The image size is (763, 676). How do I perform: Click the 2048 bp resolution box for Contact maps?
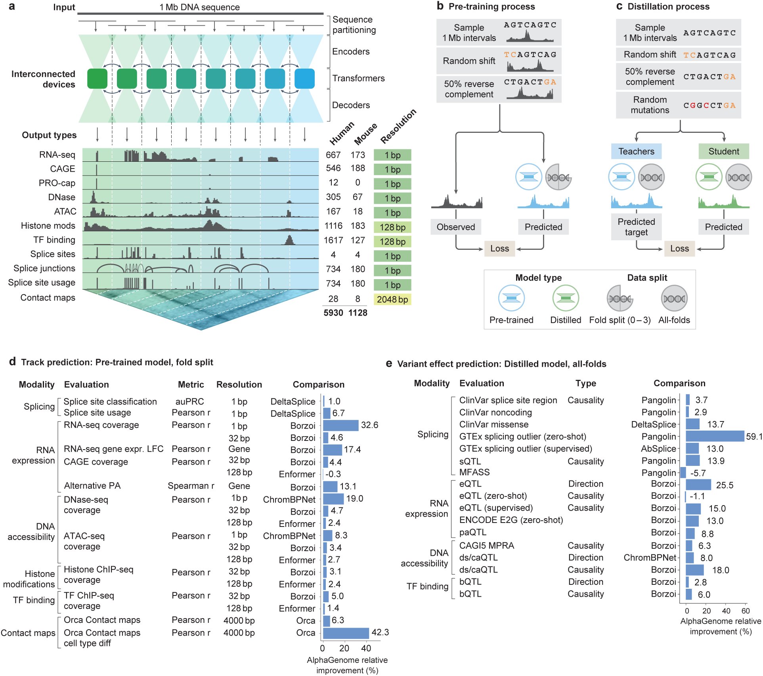(392, 299)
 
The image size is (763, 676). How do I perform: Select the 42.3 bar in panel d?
(346, 633)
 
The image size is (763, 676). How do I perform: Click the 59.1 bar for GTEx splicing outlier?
(715, 436)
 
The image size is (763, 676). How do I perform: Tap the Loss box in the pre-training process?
(499, 249)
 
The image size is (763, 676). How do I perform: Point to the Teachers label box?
(636, 151)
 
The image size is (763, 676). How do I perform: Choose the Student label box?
(724, 151)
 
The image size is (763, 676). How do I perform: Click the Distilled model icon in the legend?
(566, 299)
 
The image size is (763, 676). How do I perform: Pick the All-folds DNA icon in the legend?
(674, 299)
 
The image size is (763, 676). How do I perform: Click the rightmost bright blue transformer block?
(304, 79)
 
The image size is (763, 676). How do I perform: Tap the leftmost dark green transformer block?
(97, 79)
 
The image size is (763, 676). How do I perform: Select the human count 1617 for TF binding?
(333, 240)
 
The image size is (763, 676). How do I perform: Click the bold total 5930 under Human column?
(333, 313)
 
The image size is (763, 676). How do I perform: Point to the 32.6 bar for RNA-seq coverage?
(341, 425)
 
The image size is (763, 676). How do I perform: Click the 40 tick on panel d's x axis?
(366, 648)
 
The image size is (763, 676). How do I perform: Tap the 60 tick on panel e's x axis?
(746, 611)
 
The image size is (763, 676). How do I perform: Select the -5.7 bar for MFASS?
(683, 473)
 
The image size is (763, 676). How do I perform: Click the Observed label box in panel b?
(456, 227)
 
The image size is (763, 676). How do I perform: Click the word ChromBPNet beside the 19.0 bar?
(289, 500)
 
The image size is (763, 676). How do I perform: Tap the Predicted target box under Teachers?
(636, 227)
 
